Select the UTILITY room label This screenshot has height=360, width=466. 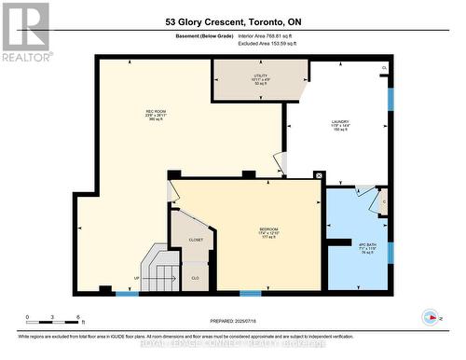[260, 77]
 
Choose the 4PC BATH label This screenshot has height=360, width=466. [367, 250]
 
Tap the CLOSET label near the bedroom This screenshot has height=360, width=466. [196, 240]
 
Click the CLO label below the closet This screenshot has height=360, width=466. [195, 278]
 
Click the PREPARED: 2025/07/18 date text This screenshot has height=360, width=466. [233, 321]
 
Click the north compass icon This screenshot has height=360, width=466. [430, 317]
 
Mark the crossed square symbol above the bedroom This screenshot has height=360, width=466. [319, 174]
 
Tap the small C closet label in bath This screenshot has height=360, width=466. [384, 201]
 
